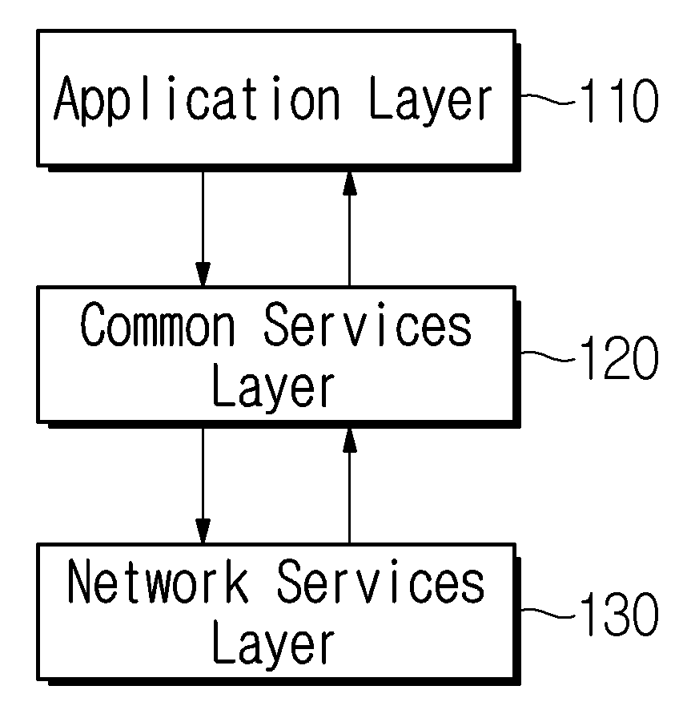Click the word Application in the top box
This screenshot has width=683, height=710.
pos(197,99)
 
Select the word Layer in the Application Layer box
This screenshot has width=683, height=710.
pos(430,100)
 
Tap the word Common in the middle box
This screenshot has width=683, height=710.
pos(158,325)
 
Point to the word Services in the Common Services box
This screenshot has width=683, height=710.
pos(368,325)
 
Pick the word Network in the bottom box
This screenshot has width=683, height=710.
pos(158,581)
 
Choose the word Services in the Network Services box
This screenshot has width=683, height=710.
pos(380,581)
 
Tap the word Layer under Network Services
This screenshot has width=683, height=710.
pos(274,645)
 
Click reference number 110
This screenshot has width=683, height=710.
pos(618,100)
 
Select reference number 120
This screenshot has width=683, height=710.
pos(618,357)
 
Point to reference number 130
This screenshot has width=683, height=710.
pos(618,613)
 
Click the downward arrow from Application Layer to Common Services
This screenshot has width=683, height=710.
pos(203,228)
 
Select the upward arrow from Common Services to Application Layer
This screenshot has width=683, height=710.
pos(349,228)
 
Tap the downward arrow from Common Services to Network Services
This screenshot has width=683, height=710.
pos(203,486)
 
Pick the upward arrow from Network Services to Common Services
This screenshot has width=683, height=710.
pos(349,486)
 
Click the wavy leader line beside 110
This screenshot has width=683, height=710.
pos(548,99)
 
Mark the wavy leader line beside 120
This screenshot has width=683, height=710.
pos(548,356)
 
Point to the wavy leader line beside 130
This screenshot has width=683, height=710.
pos(548,612)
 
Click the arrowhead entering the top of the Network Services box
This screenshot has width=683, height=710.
pos(203,530)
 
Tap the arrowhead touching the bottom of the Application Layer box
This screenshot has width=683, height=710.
pos(349,184)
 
